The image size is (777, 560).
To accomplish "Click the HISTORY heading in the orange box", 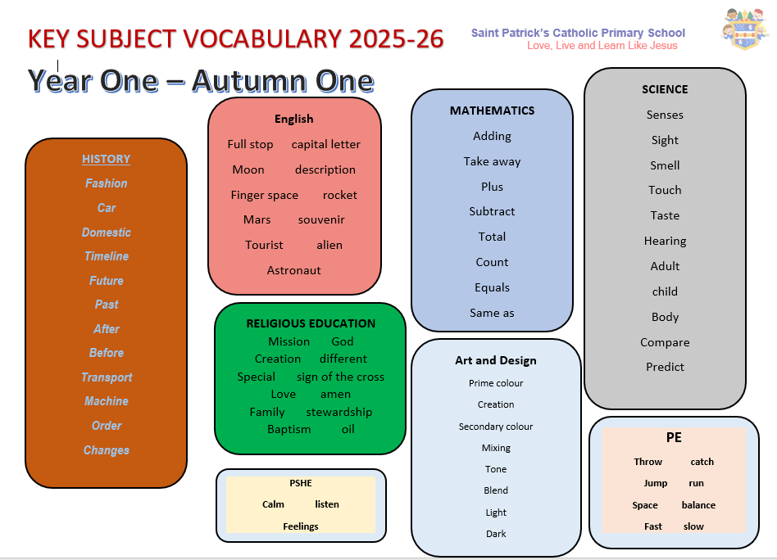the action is pyautogui.click(x=106, y=159).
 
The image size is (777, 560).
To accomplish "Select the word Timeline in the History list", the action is pyautogui.click(x=107, y=256).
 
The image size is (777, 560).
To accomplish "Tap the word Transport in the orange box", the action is pyautogui.click(x=107, y=377).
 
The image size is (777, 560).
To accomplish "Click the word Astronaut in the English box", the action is pyautogui.click(x=294, y=270).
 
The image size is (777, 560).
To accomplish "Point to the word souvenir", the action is pyautogui.click(x=321, y=220).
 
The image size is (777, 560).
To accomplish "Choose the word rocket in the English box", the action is pyautogui.click(x=339, y=195).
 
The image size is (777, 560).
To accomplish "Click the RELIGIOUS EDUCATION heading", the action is pyautogui.click(x=311, y=323).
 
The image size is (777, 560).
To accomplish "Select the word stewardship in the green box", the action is pyautogui.click(x=339, y=412).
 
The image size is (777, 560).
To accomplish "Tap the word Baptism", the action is pyautogui.click(x=289, y=429).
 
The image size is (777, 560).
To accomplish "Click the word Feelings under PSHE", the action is pyautogui.click(x=301, y=526).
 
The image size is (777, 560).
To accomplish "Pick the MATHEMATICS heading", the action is pyautogui.click(x=492, y=111).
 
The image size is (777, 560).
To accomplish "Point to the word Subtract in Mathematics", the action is pyautogui.click(x=492, y=211).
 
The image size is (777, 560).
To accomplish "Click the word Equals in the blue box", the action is pyautogui.click(x=492, y=287).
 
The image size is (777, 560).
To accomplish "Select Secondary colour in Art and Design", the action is pyautogui.click(x=496, y=427).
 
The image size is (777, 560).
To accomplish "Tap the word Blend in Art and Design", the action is pyautogui.click(x=496, y=490).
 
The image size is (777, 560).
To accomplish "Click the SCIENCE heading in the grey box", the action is pyautogui.click(x=665, y=89).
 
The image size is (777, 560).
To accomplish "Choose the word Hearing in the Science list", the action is pyautogui.click(x=665, y=242).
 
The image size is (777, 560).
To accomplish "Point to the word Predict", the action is pyautogui.click(x=665, y=367).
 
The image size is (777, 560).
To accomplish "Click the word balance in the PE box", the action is pyautogui.click(x=698, y=505).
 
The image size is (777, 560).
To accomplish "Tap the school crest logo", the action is pyautogui.click(x=745, y=29).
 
